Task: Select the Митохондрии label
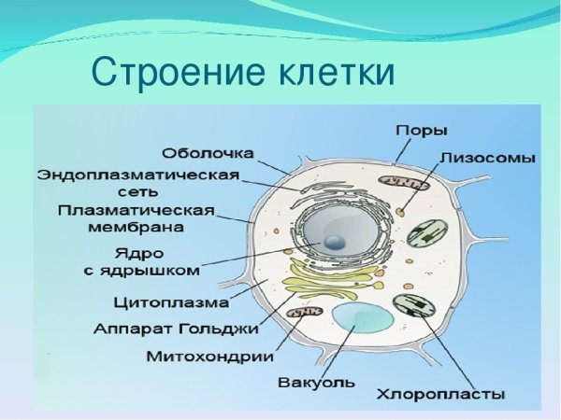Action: [x=210, y=356]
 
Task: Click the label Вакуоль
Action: [x=317, y=382]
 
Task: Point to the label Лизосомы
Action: [x=487, y=159]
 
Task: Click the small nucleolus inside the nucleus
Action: [x=335, y=242]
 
